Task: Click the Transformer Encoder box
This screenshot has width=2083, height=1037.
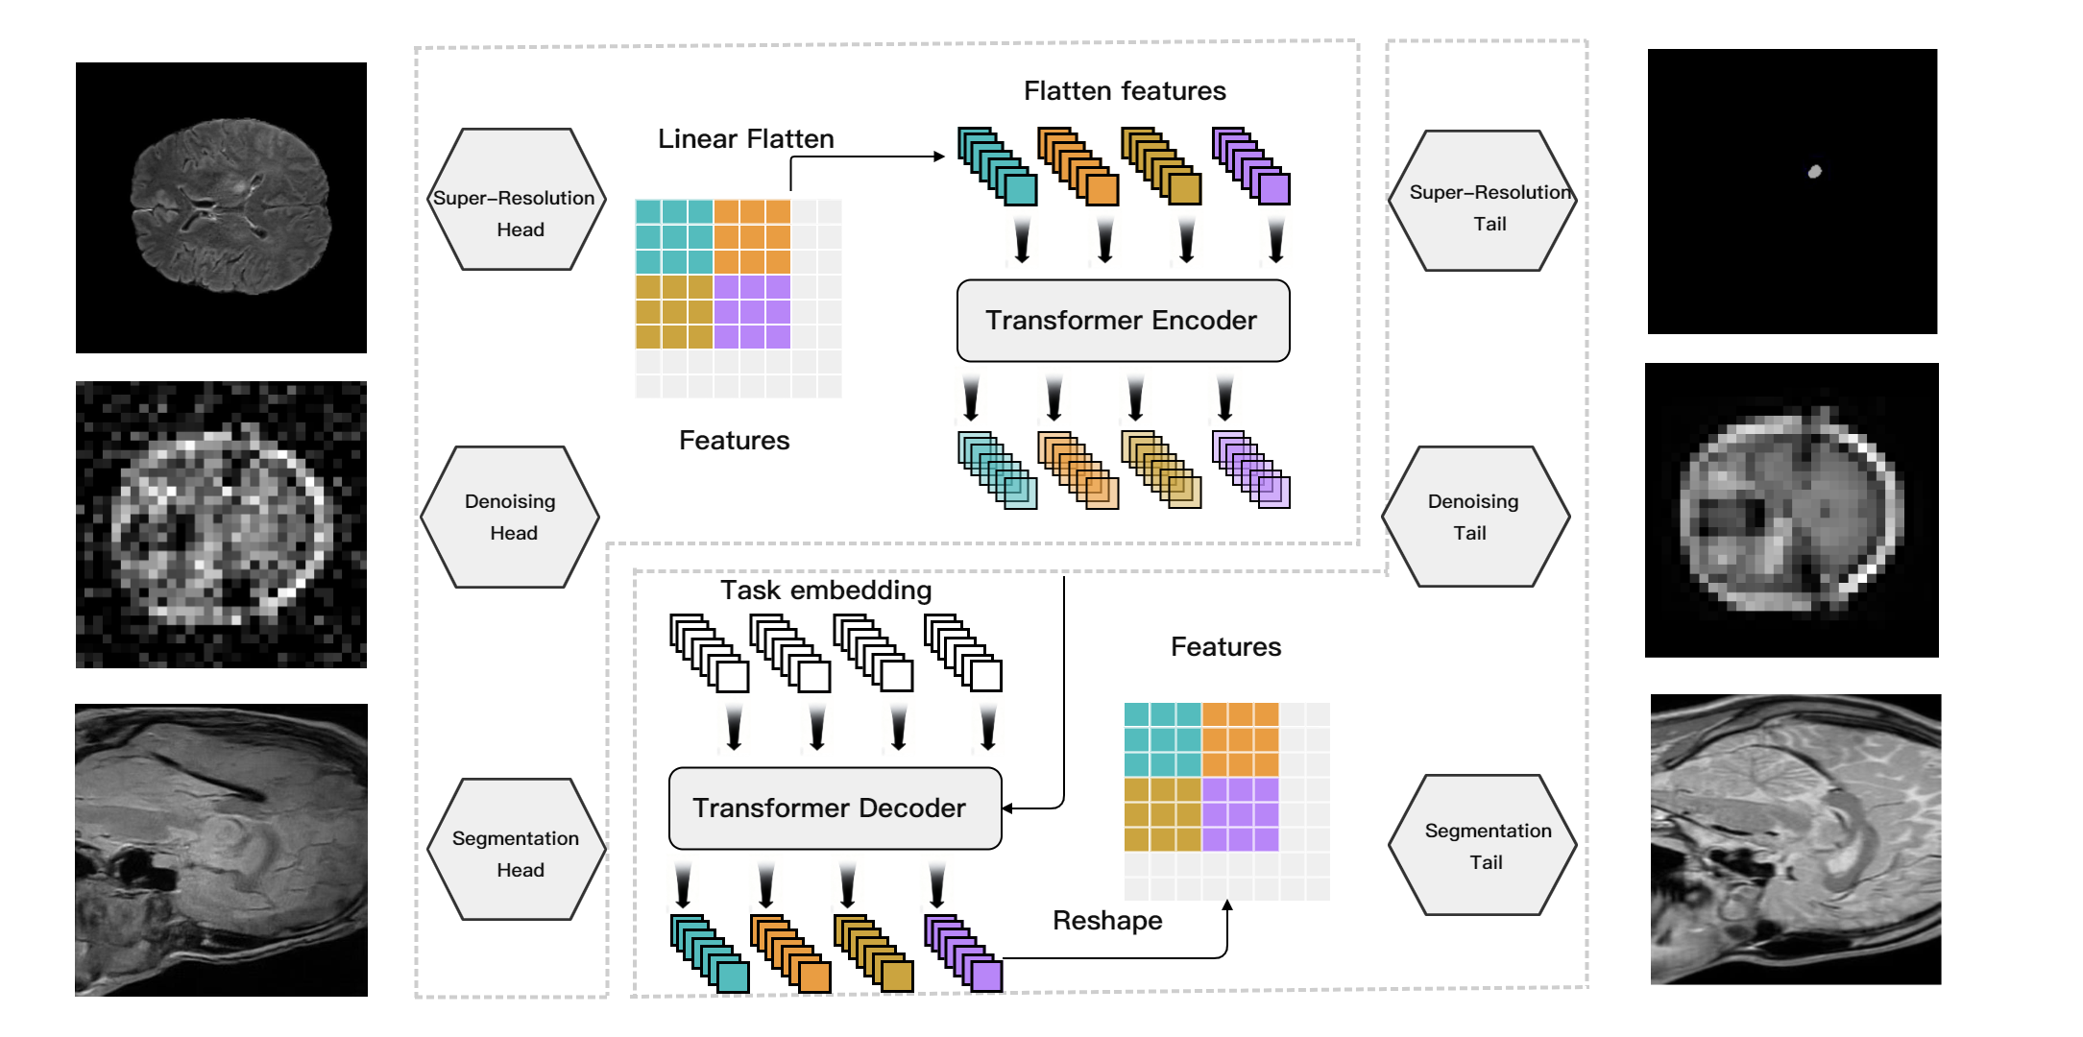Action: coord(1123,321)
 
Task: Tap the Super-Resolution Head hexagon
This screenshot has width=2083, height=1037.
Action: coord(517,200)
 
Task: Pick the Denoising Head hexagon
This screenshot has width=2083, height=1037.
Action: coord(510,517)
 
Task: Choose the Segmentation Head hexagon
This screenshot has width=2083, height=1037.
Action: coord(517,850)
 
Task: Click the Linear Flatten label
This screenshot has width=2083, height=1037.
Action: coord(745,139)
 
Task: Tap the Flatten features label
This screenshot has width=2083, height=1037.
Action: coord(1125,91)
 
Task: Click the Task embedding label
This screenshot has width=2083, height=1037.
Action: coord(826,590)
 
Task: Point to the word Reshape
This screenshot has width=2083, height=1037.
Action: coord(1107,921)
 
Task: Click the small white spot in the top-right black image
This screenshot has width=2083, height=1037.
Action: coord(1814,172)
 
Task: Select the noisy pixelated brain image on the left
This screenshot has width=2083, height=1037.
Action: coord(221,524)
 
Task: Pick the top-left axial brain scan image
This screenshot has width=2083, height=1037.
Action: coord(221,207)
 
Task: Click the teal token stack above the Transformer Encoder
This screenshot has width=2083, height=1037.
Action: coord(997,166)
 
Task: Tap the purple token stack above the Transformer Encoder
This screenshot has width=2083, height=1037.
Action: coord(1250,166)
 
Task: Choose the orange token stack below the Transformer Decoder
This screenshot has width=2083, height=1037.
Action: coord(790,953)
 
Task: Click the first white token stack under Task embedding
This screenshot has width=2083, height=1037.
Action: coord(709,653)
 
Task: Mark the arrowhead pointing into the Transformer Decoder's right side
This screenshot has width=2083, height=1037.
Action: coord(1008,808)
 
